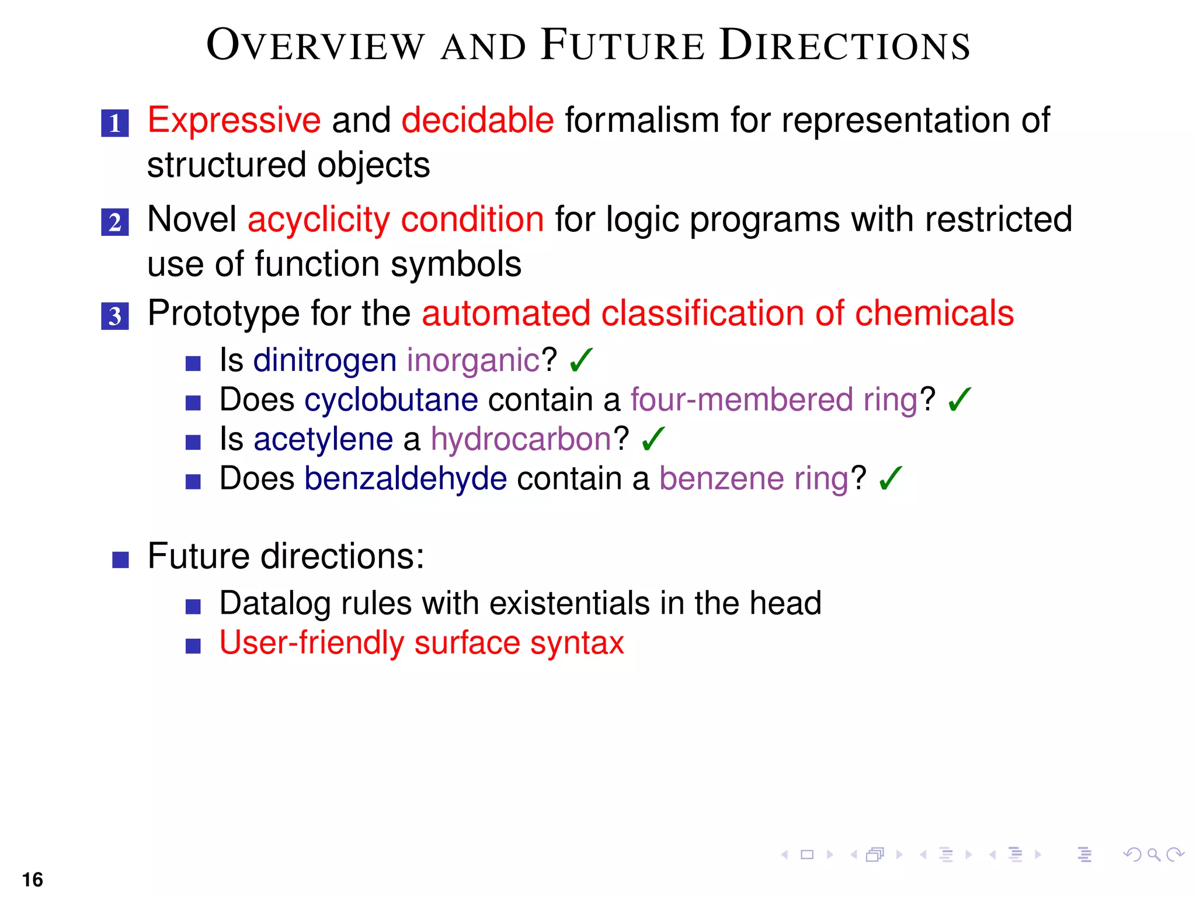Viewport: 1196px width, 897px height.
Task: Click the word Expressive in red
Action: (234, 120)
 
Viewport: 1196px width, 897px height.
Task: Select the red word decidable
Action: (477, 120)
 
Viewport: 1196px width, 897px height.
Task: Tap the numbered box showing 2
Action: (115, 222)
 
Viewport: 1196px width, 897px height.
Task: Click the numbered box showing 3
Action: (115, 316)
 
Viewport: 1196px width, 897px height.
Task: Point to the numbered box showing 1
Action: (115, 123)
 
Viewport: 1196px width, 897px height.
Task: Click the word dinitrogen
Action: (325, 360)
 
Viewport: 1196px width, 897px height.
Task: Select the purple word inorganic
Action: (473, 360)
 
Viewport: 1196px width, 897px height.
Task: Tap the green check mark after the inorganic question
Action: (581, 360)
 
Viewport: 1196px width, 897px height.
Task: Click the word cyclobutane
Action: (391, 399)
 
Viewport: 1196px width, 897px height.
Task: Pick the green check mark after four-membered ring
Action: (959, 399)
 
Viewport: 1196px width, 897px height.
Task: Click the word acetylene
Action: (323, 439)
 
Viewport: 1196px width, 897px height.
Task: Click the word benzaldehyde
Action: (405, 479)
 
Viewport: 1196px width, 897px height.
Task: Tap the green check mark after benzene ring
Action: (891, 478)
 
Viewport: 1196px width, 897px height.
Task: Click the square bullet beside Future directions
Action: (120, 559)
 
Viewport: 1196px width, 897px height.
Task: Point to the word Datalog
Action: (275, 603)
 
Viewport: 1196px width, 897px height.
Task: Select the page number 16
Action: (33, 879)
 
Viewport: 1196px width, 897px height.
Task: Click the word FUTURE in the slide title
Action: (623, 46)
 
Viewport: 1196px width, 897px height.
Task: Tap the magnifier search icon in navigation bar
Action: (1153, 855)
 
